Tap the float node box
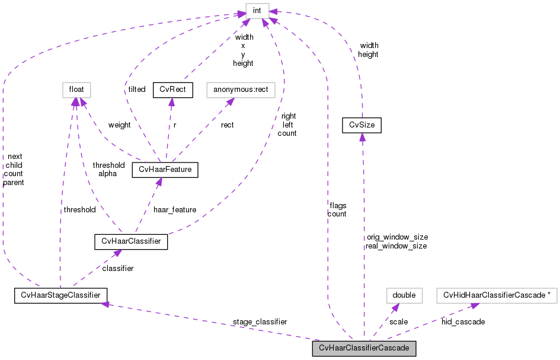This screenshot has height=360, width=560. [x=75, y=90]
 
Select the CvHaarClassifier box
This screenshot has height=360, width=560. [x=131, y=242]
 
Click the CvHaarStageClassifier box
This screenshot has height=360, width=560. [x=60, y=295]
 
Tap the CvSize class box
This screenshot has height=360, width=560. [x=362, y=125]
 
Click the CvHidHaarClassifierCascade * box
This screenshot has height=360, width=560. [x=497, y=295]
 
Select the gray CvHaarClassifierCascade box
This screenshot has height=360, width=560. [x=364, y=348]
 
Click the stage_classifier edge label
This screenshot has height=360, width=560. [x=260, y=321]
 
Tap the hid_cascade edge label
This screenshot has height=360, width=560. [x=463, y=321]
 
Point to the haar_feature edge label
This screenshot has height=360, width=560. [x=174, y=209]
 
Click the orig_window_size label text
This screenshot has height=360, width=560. [x=397, y=237]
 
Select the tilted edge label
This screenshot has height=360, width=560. [x=136, y=89]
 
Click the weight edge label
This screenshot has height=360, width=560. [x=119, y=125]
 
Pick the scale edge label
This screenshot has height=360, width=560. [x=398, y=321]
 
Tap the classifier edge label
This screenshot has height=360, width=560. [x=117, y=268]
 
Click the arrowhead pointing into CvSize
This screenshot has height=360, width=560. [x=362, y=137]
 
